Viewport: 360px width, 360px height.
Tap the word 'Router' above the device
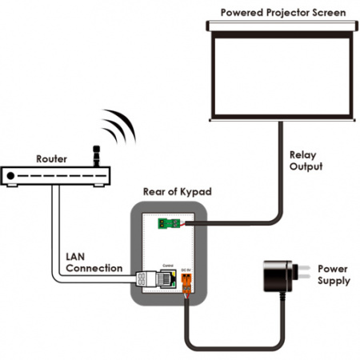pyautogui.click(x=50, y=158)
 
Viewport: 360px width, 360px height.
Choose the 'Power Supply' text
pyautogui.click(x=332, y=275)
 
